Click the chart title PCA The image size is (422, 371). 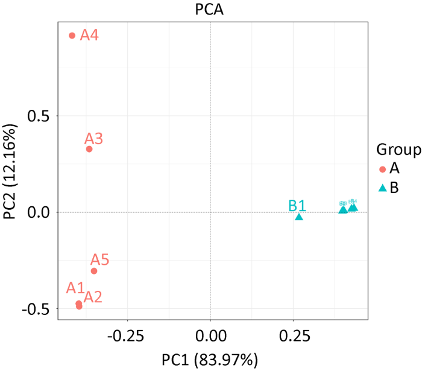[x=210, y=9]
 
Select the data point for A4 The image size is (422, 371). [x=72, y=36]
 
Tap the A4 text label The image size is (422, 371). [x=89, y=36]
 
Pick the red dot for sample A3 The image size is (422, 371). [x=89, y=149]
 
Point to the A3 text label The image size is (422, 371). [x=93, y=139]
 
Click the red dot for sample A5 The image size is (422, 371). [x=94, y=271]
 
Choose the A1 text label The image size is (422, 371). [x=75, y=287]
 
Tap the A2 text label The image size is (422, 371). [x=93, y=297]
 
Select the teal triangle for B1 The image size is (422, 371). [x=299, y=217]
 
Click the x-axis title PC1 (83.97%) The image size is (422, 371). [x=210, y=360]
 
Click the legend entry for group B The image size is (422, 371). [x=389, y=188]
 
